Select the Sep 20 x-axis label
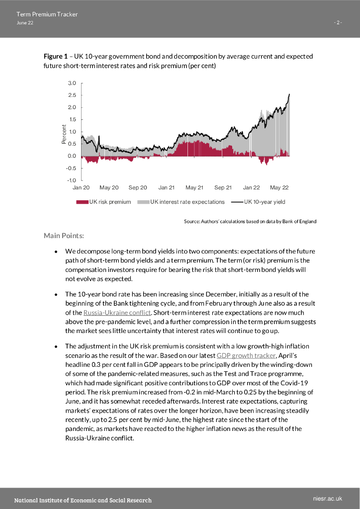[x=138, y=188]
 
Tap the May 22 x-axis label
[x=279, y=188]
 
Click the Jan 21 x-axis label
[x=167, y=188]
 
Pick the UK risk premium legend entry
[x=104, y=202]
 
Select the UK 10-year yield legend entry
[x=258, y=202]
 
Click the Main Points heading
[x=64, y=235]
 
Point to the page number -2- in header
[x=338, y=23]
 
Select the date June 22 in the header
[x=25, y=23]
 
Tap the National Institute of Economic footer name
[x=83, y=500]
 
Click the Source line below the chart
[x=250, y=221]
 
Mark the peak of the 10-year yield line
[x=289, y=94]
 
